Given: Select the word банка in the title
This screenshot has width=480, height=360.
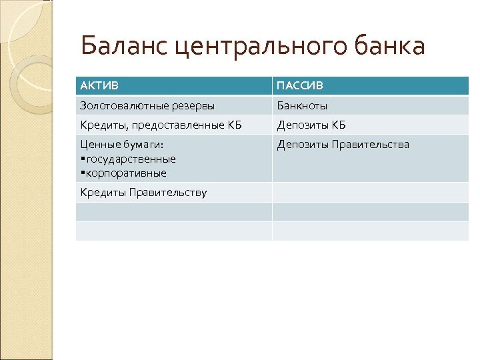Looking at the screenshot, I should click(391, 46).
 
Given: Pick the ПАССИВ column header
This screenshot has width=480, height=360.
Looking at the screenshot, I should click(299, 85).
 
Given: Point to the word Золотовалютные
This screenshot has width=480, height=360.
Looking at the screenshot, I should click(121, 105).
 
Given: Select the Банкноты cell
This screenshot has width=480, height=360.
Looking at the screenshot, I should click(302, 105).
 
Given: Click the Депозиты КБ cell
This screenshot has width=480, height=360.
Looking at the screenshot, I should click(311, 125).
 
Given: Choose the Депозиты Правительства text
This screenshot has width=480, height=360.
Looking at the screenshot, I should click(343, 145).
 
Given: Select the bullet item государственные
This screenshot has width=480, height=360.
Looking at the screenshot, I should click(130, 159).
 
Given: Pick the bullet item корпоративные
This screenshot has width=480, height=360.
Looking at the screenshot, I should click(125, 173).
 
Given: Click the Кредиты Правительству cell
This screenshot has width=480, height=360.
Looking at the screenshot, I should click(143, 193).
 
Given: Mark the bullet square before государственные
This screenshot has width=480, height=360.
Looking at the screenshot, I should click(81, 159).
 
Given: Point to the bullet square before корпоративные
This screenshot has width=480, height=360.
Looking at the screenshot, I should click(81, 173).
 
